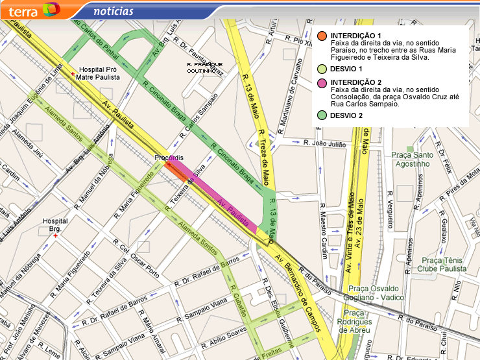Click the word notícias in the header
click(x=114, y=11)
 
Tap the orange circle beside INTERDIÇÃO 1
click(x=322, y=36)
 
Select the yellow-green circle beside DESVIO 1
click(x=322, y=68)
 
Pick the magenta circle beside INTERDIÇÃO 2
click(x=322, y=82)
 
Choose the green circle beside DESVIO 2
click(x=322, y=115)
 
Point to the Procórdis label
click(x=169, y=158)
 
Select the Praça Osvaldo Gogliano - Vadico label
click(x=376, y=293)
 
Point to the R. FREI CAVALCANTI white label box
click(x=204, y=68)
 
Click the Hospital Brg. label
click(x=56, y=225)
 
